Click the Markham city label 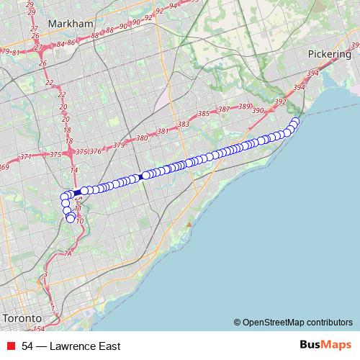(x=71, y=24)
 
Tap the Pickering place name (x=329, y=54)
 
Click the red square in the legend (x=12, y=346)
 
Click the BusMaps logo (x=322, y=346)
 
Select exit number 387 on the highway (x=224, y=109)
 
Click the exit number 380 (x=142, y=138)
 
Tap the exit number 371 (x=26, y=156)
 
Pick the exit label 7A (x=68, y=253)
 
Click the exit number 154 (x=39, y=329)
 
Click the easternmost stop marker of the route (x=295, y=121)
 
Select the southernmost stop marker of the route (x=71, y=219)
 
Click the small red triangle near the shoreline (x=189, y=225)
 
